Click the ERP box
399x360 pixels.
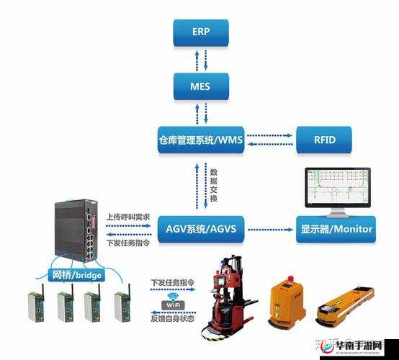pos(202,32)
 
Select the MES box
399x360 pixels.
pos(202,86)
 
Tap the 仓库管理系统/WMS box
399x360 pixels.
pos(202,139)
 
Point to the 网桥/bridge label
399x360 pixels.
pos(76,275)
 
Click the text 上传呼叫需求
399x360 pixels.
pos(127,216)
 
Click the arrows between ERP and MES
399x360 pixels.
pos(205,59)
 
